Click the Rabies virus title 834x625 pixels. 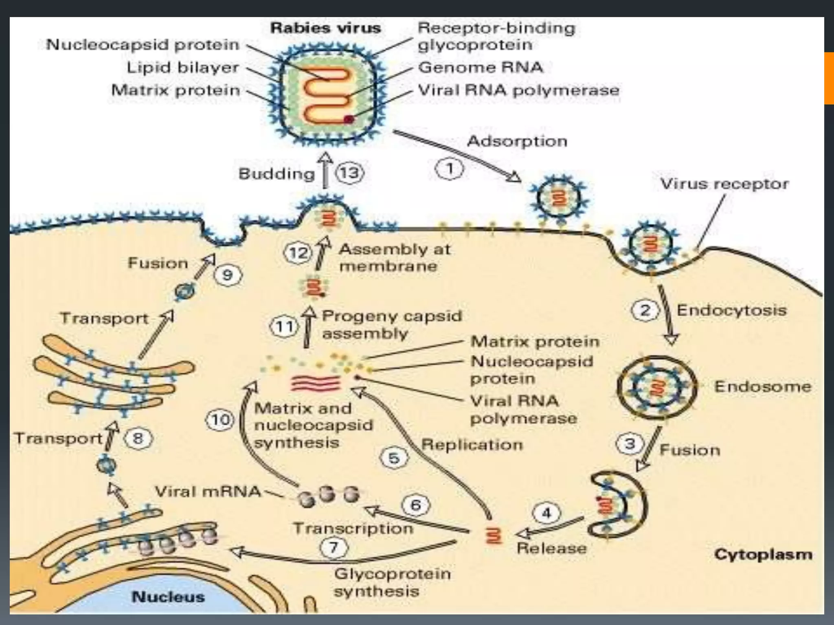(325, 28)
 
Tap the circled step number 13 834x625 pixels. (349, 173)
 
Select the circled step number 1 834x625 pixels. (450, 168)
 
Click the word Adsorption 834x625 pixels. (517, 141)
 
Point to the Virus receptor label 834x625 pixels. (724, 184)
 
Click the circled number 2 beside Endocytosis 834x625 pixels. (645, 310)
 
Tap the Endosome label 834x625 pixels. (762, 386)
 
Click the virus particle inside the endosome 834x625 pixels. (657, 387)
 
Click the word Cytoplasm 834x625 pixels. (763, 555)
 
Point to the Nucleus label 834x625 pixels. (168, 597)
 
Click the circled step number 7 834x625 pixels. (334, 547)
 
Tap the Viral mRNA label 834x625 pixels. (208, 492)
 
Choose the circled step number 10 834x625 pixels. (220, 420)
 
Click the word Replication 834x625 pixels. (472, 444)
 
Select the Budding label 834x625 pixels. (277, 174)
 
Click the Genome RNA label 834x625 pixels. (481, 67)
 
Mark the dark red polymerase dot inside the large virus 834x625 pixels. (349, 119)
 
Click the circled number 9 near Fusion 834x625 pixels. (227, 275)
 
